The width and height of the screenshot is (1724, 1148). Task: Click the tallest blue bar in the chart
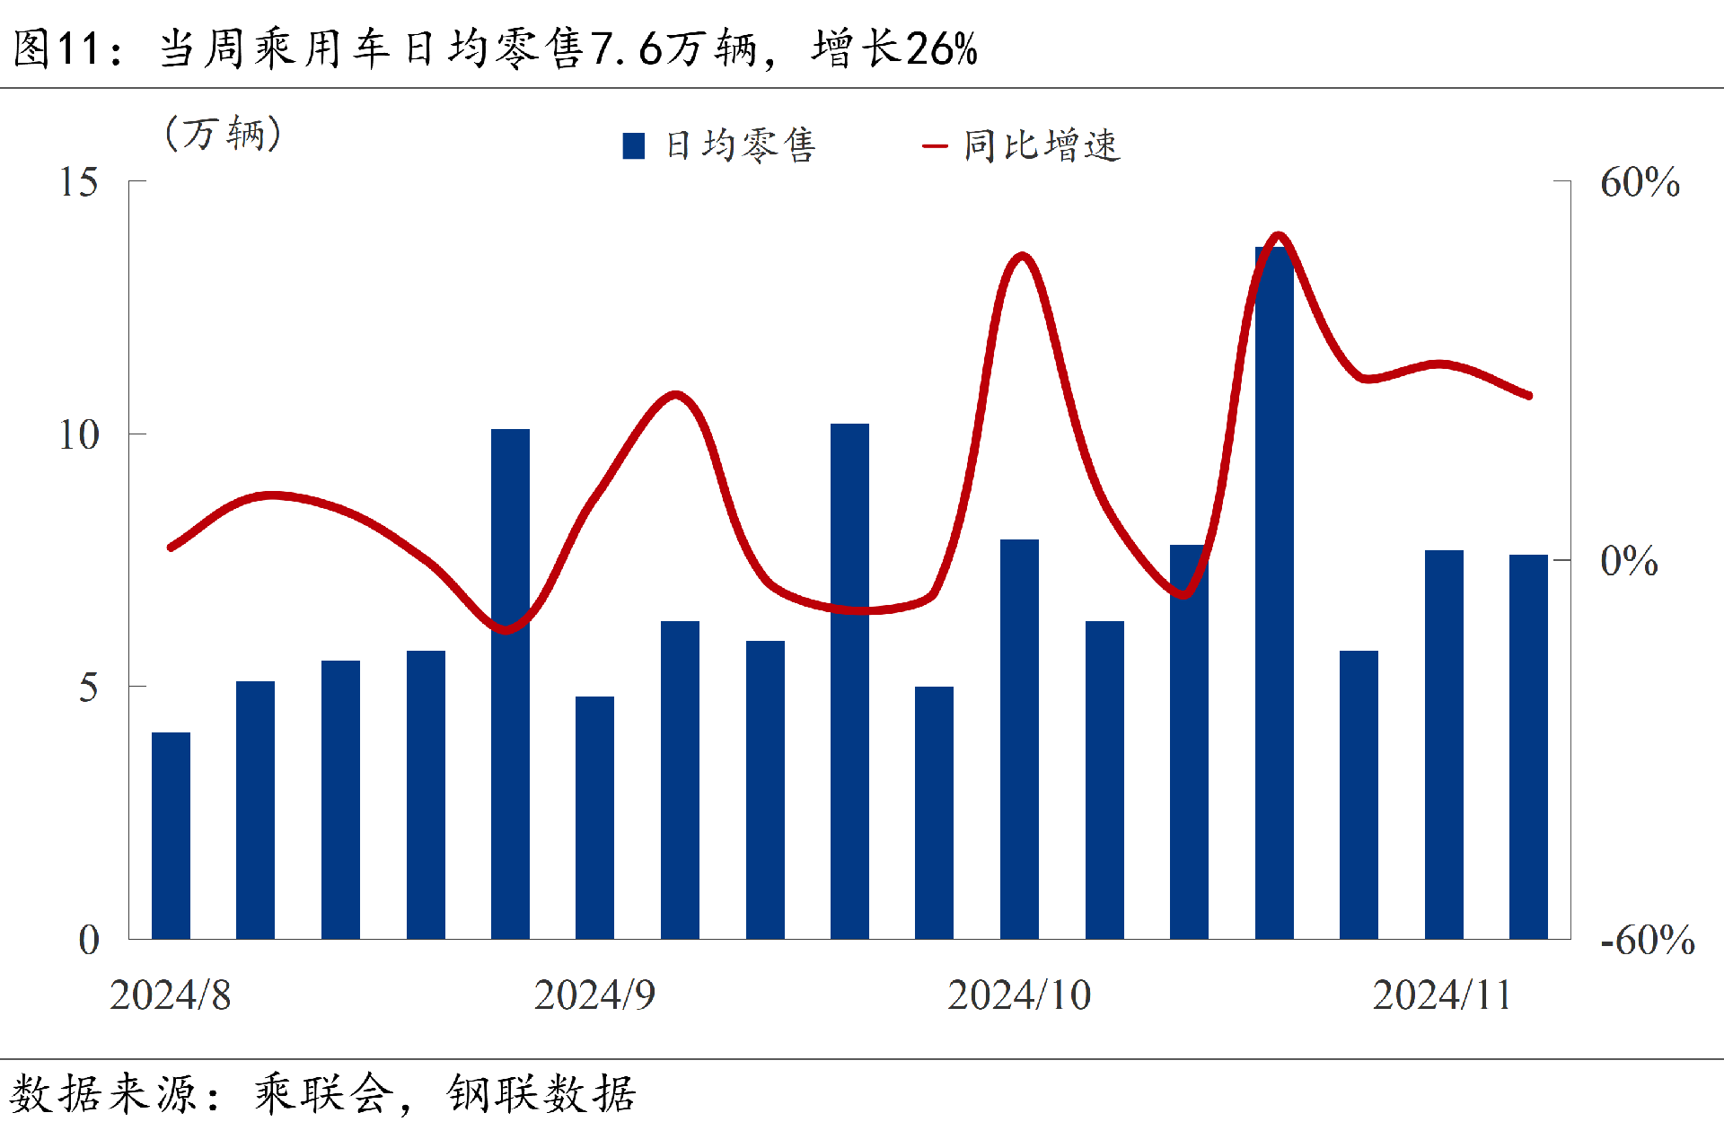pyautogui.click(x=1274, y=592)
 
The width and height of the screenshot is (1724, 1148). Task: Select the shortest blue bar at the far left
pyautogui.click(x=171, y=835)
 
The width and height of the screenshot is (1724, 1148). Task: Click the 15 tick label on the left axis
pyautogui.click(x=79, y=182)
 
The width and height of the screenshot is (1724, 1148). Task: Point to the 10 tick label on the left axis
pyautogui.click(x=79, y=435)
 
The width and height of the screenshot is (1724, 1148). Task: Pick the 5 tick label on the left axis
pyautogui.click(x=88, y=688)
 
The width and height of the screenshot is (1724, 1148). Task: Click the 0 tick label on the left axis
pyautogui.click(x=89, y=941)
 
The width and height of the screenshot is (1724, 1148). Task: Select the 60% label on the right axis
pyautogui.click(x=1640, y=182)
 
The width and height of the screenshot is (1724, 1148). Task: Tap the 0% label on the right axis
pyautogui.click(x=1629, y=561)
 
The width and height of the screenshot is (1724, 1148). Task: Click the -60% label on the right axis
pyautogui.click(x=1648, y=941)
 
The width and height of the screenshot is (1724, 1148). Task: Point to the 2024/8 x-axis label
pyautogui.click(x=171, y=995)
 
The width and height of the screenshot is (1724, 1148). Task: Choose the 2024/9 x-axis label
pyautogui.click(x=594, y=995)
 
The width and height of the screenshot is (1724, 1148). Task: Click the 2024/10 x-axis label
pyautogui.click(x=1019, y=995)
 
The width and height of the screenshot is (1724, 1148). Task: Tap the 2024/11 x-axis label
pyautogui.click(x=1442, y=995)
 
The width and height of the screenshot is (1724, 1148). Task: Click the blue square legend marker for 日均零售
pyautogui.click(x=634, y=146)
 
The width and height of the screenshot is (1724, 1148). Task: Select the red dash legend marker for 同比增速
pyautogui.click(x=935, y=146)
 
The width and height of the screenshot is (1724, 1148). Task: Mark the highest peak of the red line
pyautogui.click(x=1278, y=237)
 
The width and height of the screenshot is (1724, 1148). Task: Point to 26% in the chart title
pyautogui.click(x=942, y=48)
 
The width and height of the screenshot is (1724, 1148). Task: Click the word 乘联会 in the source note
pyautogui.click(x=324, y=1094)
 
